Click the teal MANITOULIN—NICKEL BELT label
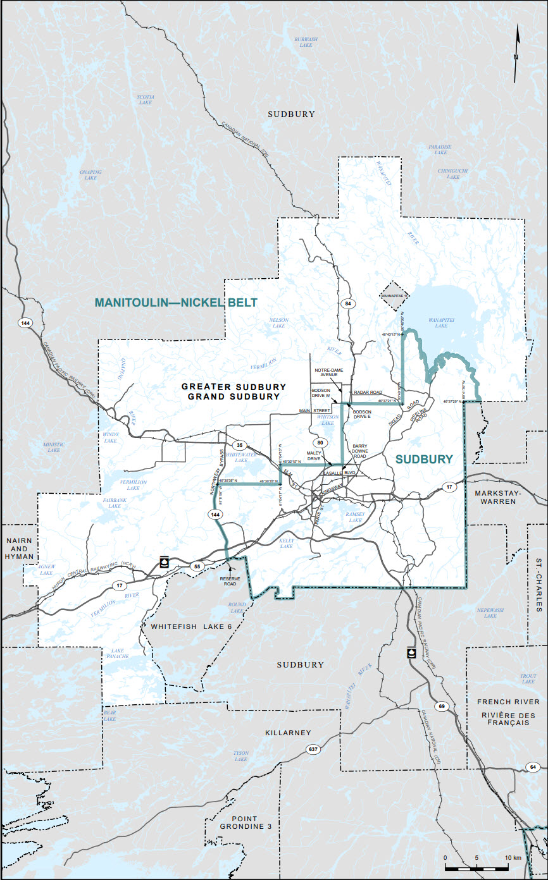click(176, 303)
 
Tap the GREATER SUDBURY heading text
click(234, 386)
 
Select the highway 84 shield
click(347, 305)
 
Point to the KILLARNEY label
click(289, 733)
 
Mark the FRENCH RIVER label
click(509, 702)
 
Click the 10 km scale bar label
click(513, 857)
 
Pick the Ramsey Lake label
click(355, 516)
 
